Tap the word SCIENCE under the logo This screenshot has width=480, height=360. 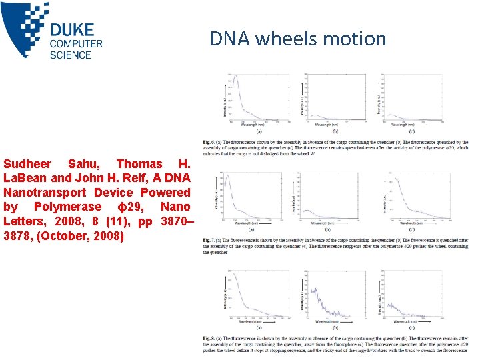tap(70, 55)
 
